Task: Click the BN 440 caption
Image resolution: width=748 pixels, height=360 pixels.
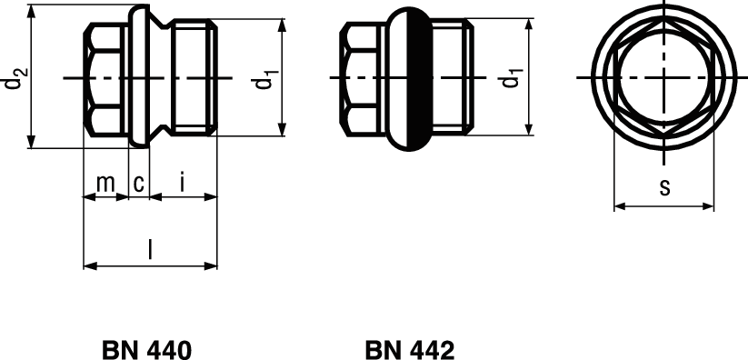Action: [x=146, y=350]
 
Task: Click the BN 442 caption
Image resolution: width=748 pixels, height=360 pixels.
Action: [x=409, y=350]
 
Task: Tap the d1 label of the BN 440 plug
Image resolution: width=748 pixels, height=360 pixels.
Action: [x=264, y=80]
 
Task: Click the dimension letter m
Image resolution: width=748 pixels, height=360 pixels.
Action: [x=105, y=184]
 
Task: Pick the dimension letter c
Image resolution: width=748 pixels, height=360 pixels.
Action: [x=138, y=184]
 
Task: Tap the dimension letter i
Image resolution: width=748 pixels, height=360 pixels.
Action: [x=183, y=183]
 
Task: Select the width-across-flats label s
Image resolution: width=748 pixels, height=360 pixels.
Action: [x=664, y=188]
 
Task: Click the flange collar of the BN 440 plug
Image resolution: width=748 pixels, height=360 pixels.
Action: [x=139, y=79]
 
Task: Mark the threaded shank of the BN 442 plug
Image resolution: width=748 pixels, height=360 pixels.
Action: [x=452, y=79]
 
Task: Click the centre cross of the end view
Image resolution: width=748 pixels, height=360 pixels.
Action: [x=665, y=79]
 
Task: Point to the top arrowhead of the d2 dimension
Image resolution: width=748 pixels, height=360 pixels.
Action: [x=32, y=10]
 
